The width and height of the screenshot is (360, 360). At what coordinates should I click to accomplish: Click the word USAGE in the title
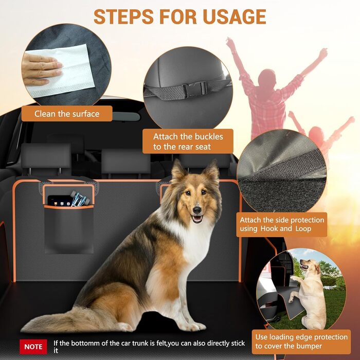(234, 16)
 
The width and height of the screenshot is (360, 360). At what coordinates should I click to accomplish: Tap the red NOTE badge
(33, 347)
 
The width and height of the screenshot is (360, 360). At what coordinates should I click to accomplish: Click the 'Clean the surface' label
(67, 114)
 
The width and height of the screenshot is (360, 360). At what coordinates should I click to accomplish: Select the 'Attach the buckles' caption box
(188, 141)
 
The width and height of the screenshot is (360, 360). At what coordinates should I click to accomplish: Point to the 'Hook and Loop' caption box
(282, 224)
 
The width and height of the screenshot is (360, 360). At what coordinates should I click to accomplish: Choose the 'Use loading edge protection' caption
(301, 341)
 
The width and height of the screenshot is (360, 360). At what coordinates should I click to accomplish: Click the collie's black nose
(197, 209)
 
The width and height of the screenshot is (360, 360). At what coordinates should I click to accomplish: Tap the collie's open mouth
(197, 219)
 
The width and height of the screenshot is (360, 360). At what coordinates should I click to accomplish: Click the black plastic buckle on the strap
(194, 89)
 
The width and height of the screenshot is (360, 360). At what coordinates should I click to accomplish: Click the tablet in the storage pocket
(59, 201)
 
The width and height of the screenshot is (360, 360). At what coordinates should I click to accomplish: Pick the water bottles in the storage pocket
(80, 198)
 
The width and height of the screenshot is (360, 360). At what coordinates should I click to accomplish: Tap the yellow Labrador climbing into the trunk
(309, 293)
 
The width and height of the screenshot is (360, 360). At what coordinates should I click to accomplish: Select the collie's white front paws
(192, 326)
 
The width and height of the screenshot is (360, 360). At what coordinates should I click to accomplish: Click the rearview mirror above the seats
(126, 117)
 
